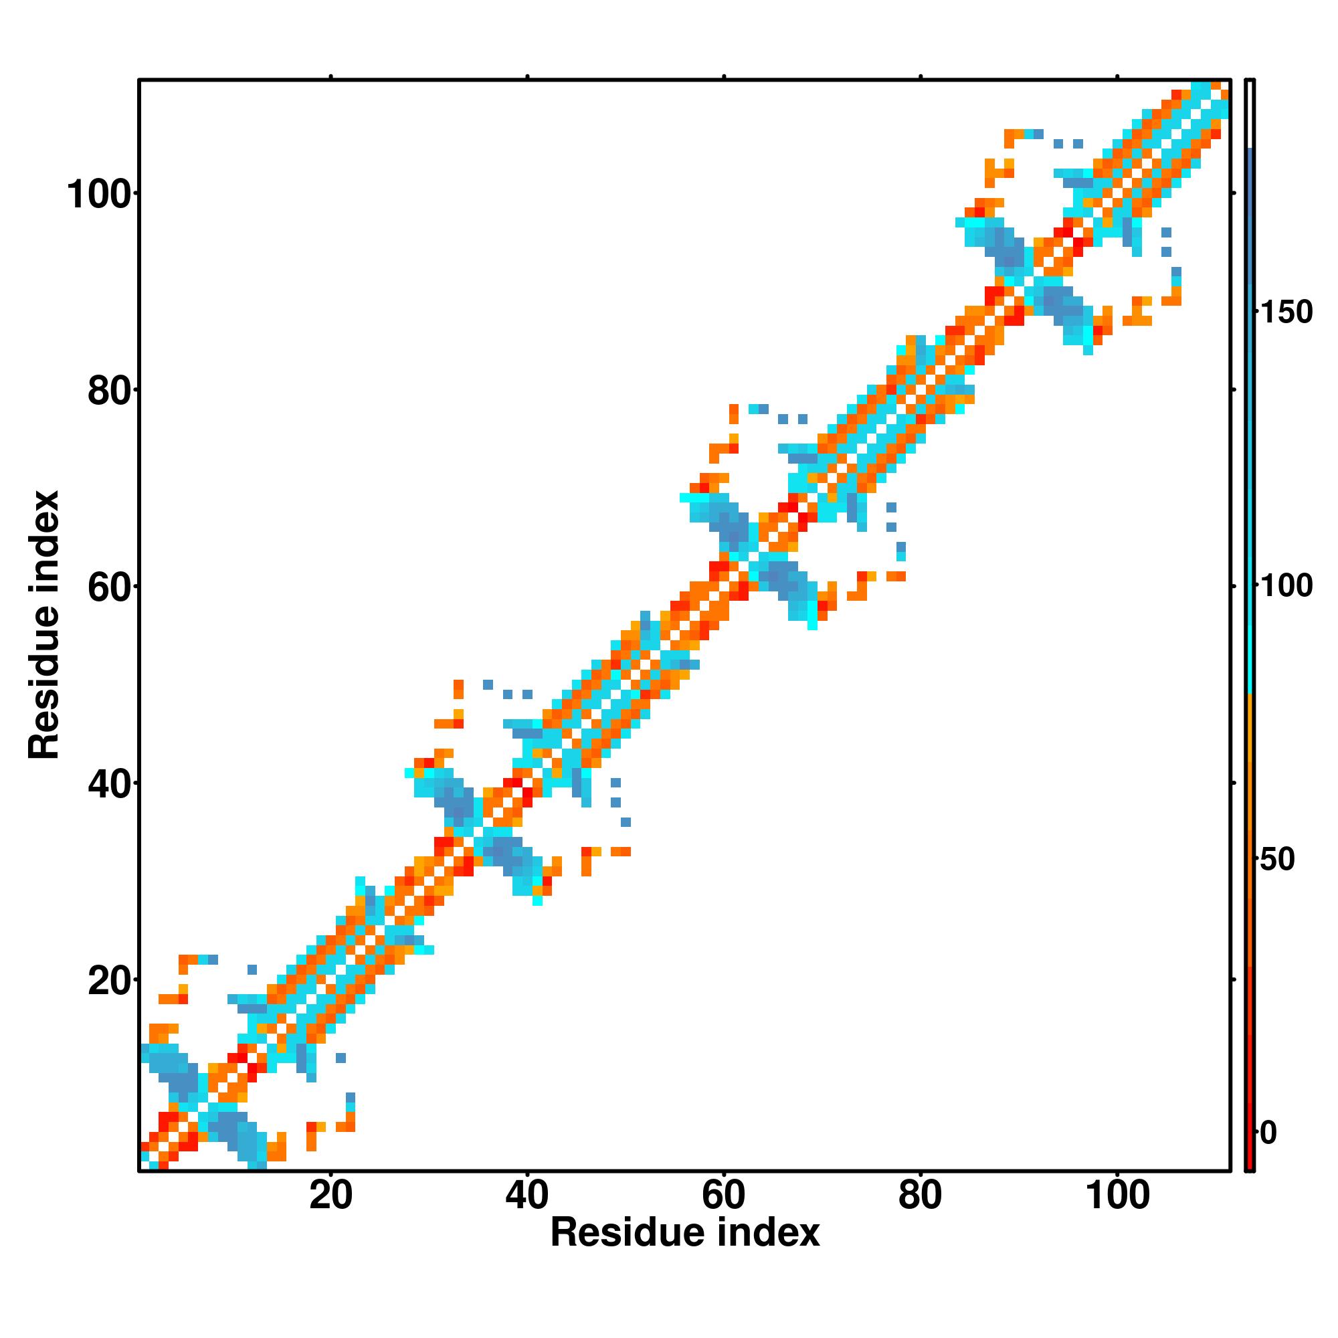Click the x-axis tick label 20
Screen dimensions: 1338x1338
pos(330,1196)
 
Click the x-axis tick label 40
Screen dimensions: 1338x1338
pos(527,1196)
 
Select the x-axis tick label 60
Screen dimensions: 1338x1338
pos(724,1196)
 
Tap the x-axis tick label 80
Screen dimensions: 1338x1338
pos(921,1196)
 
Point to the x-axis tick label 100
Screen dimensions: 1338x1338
pos(1118,1196)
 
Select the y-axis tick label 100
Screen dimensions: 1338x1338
pos(100,195)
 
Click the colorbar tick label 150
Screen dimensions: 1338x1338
pos(1286,313)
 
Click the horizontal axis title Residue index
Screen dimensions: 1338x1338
pos(684,1234)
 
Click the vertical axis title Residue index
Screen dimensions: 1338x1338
pos(44,626)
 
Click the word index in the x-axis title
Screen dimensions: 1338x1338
pos(768,1234)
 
